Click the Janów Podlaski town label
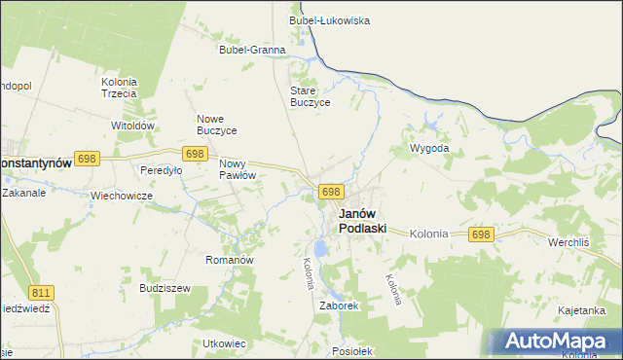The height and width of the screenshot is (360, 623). [362, 221]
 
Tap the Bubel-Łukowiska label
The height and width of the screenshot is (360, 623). [329, 19]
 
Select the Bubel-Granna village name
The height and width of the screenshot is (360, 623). [252, 50]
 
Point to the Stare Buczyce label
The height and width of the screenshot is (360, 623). [311, 96]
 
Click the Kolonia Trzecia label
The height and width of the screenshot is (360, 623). [119, 88]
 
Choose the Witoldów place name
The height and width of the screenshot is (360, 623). [133, 126]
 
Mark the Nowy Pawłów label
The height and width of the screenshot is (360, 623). [238, 169]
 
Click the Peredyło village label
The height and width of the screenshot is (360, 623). [162, 170]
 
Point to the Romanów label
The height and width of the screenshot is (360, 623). [230, 261]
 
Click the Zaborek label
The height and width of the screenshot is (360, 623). [340, 305]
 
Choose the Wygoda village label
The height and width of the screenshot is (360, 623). [429, 148]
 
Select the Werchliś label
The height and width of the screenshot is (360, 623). [571, 240]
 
